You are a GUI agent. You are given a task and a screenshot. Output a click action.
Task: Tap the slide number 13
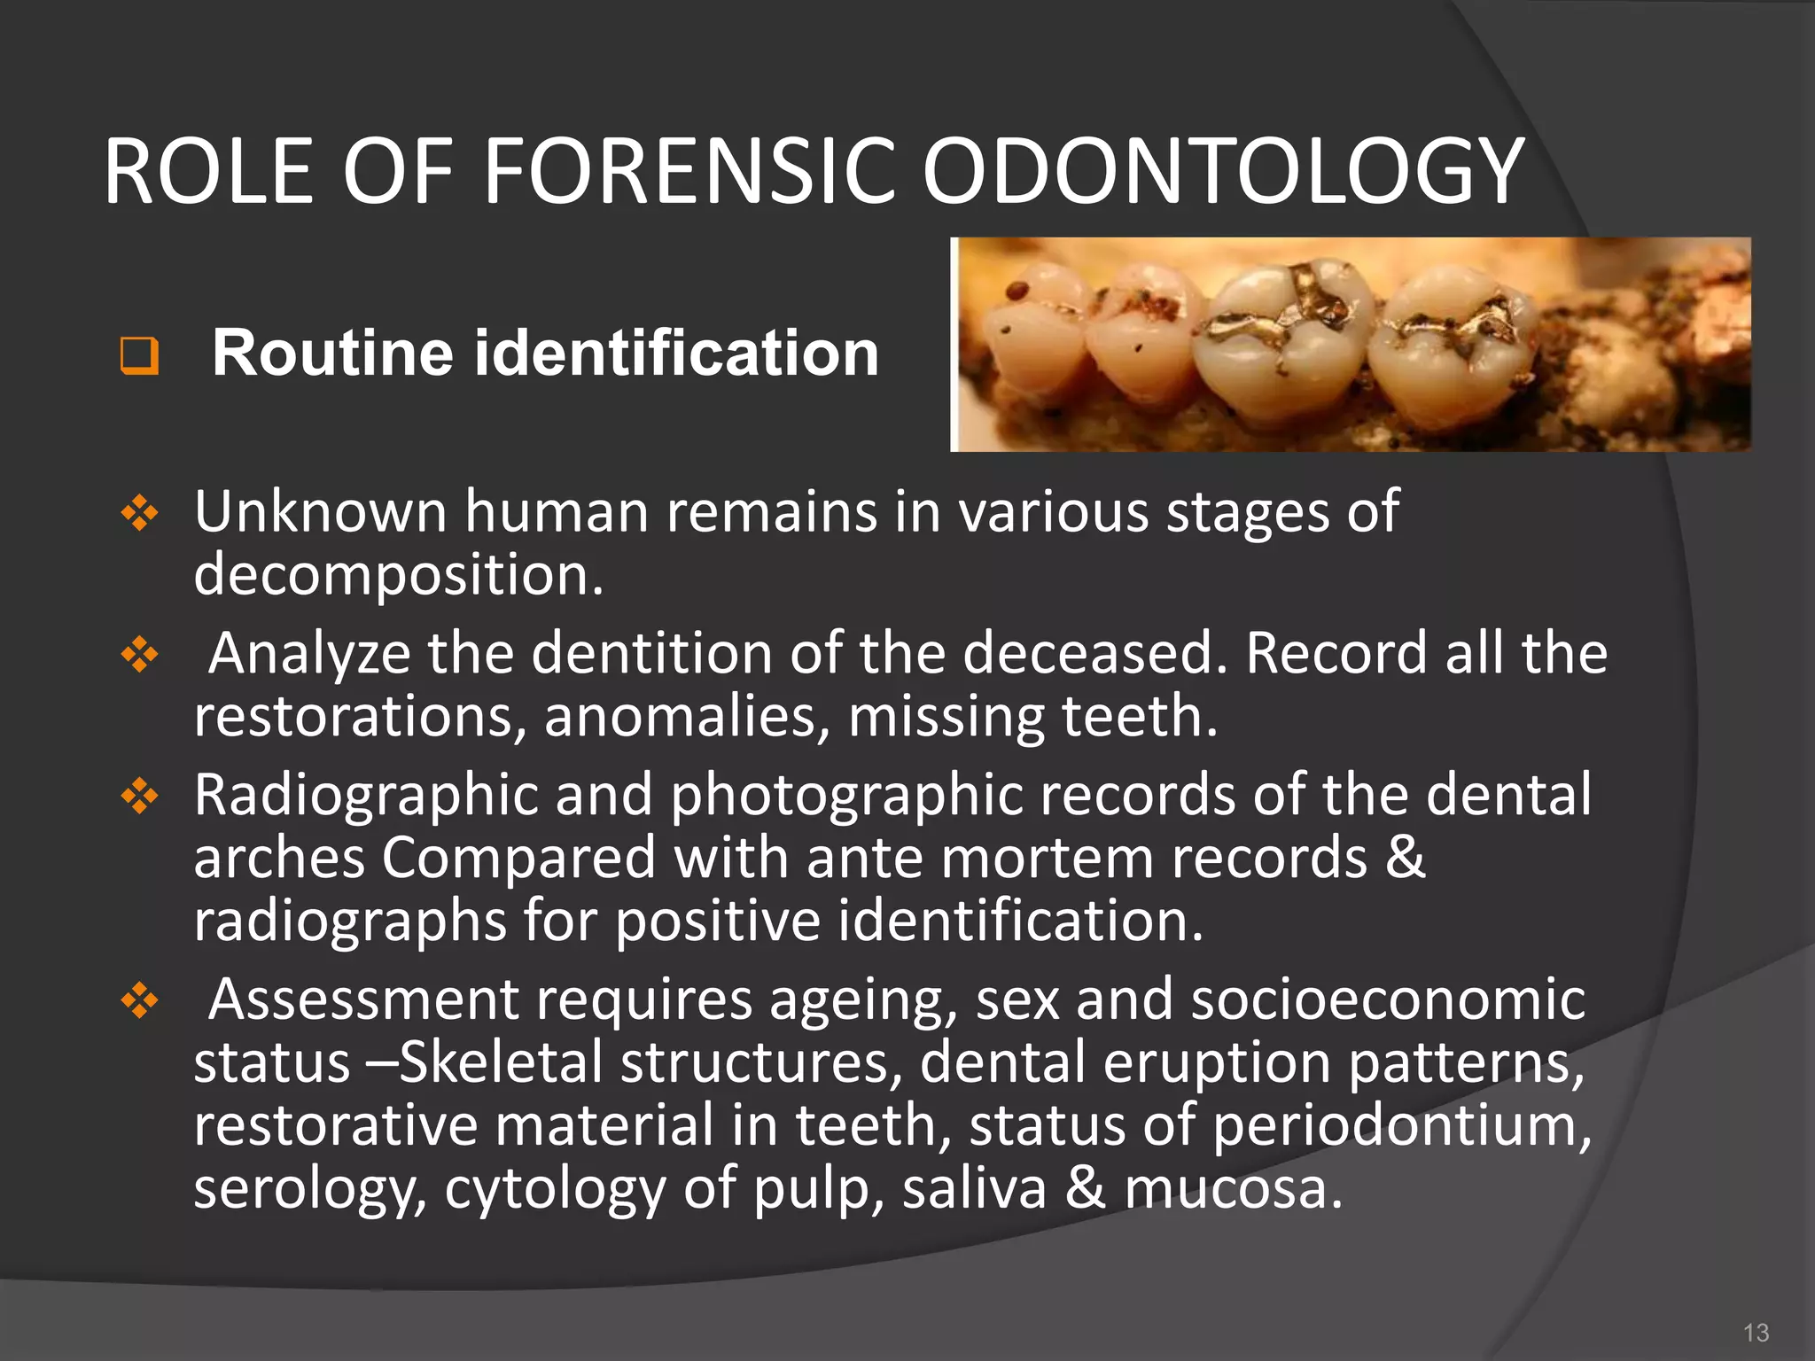click(1756, 1333)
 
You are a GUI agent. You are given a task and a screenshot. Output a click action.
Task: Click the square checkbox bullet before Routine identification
click(140, 356)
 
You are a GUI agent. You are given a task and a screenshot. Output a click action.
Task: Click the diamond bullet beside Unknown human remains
click(140, 513)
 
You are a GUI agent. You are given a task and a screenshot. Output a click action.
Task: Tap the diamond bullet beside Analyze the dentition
click(140, 656)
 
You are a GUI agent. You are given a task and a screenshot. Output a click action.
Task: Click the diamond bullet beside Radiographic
click(140, 797)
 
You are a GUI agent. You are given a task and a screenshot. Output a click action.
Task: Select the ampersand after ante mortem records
click(1405, 858)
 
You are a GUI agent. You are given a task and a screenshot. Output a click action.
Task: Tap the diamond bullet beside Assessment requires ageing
click(140, 1002)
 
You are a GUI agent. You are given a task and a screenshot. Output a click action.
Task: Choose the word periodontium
click(1400, 1125)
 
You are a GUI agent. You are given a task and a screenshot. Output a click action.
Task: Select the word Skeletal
click(501, 1062)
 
